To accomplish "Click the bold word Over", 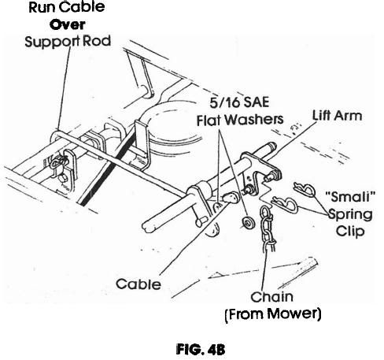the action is pyautogui.click(x=67, y=25).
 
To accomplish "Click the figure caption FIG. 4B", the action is pyautogui.click(x=201, y=350).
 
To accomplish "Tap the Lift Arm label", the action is pyautogui.click(x=337, y=116).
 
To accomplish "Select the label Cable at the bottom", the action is pyautogui.click(x=138, y=284).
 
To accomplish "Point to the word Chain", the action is pyautogui.click(x=271, y=297).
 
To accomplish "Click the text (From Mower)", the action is pyautogui.click(x=273, y=314).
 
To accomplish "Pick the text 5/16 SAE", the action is pyautogui.click(x=239, y=102).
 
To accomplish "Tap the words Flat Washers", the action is pyautogui.click(x=240, y=120).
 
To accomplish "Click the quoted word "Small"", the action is pyautogui.click(x=350, y=197).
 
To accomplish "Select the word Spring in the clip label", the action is pyautogui.click(x=350, y=215).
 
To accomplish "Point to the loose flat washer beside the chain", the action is pyautogui.click(x=248, y=223).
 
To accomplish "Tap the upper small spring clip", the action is pyautogui.click(x=305, y=189).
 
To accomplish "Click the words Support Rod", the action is pyautogui.click(x=68, y=41).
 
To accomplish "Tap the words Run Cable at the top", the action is pyautogui.click(x=67, y=7).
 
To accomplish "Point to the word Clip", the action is pyautogui.click(x=350, y=232).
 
